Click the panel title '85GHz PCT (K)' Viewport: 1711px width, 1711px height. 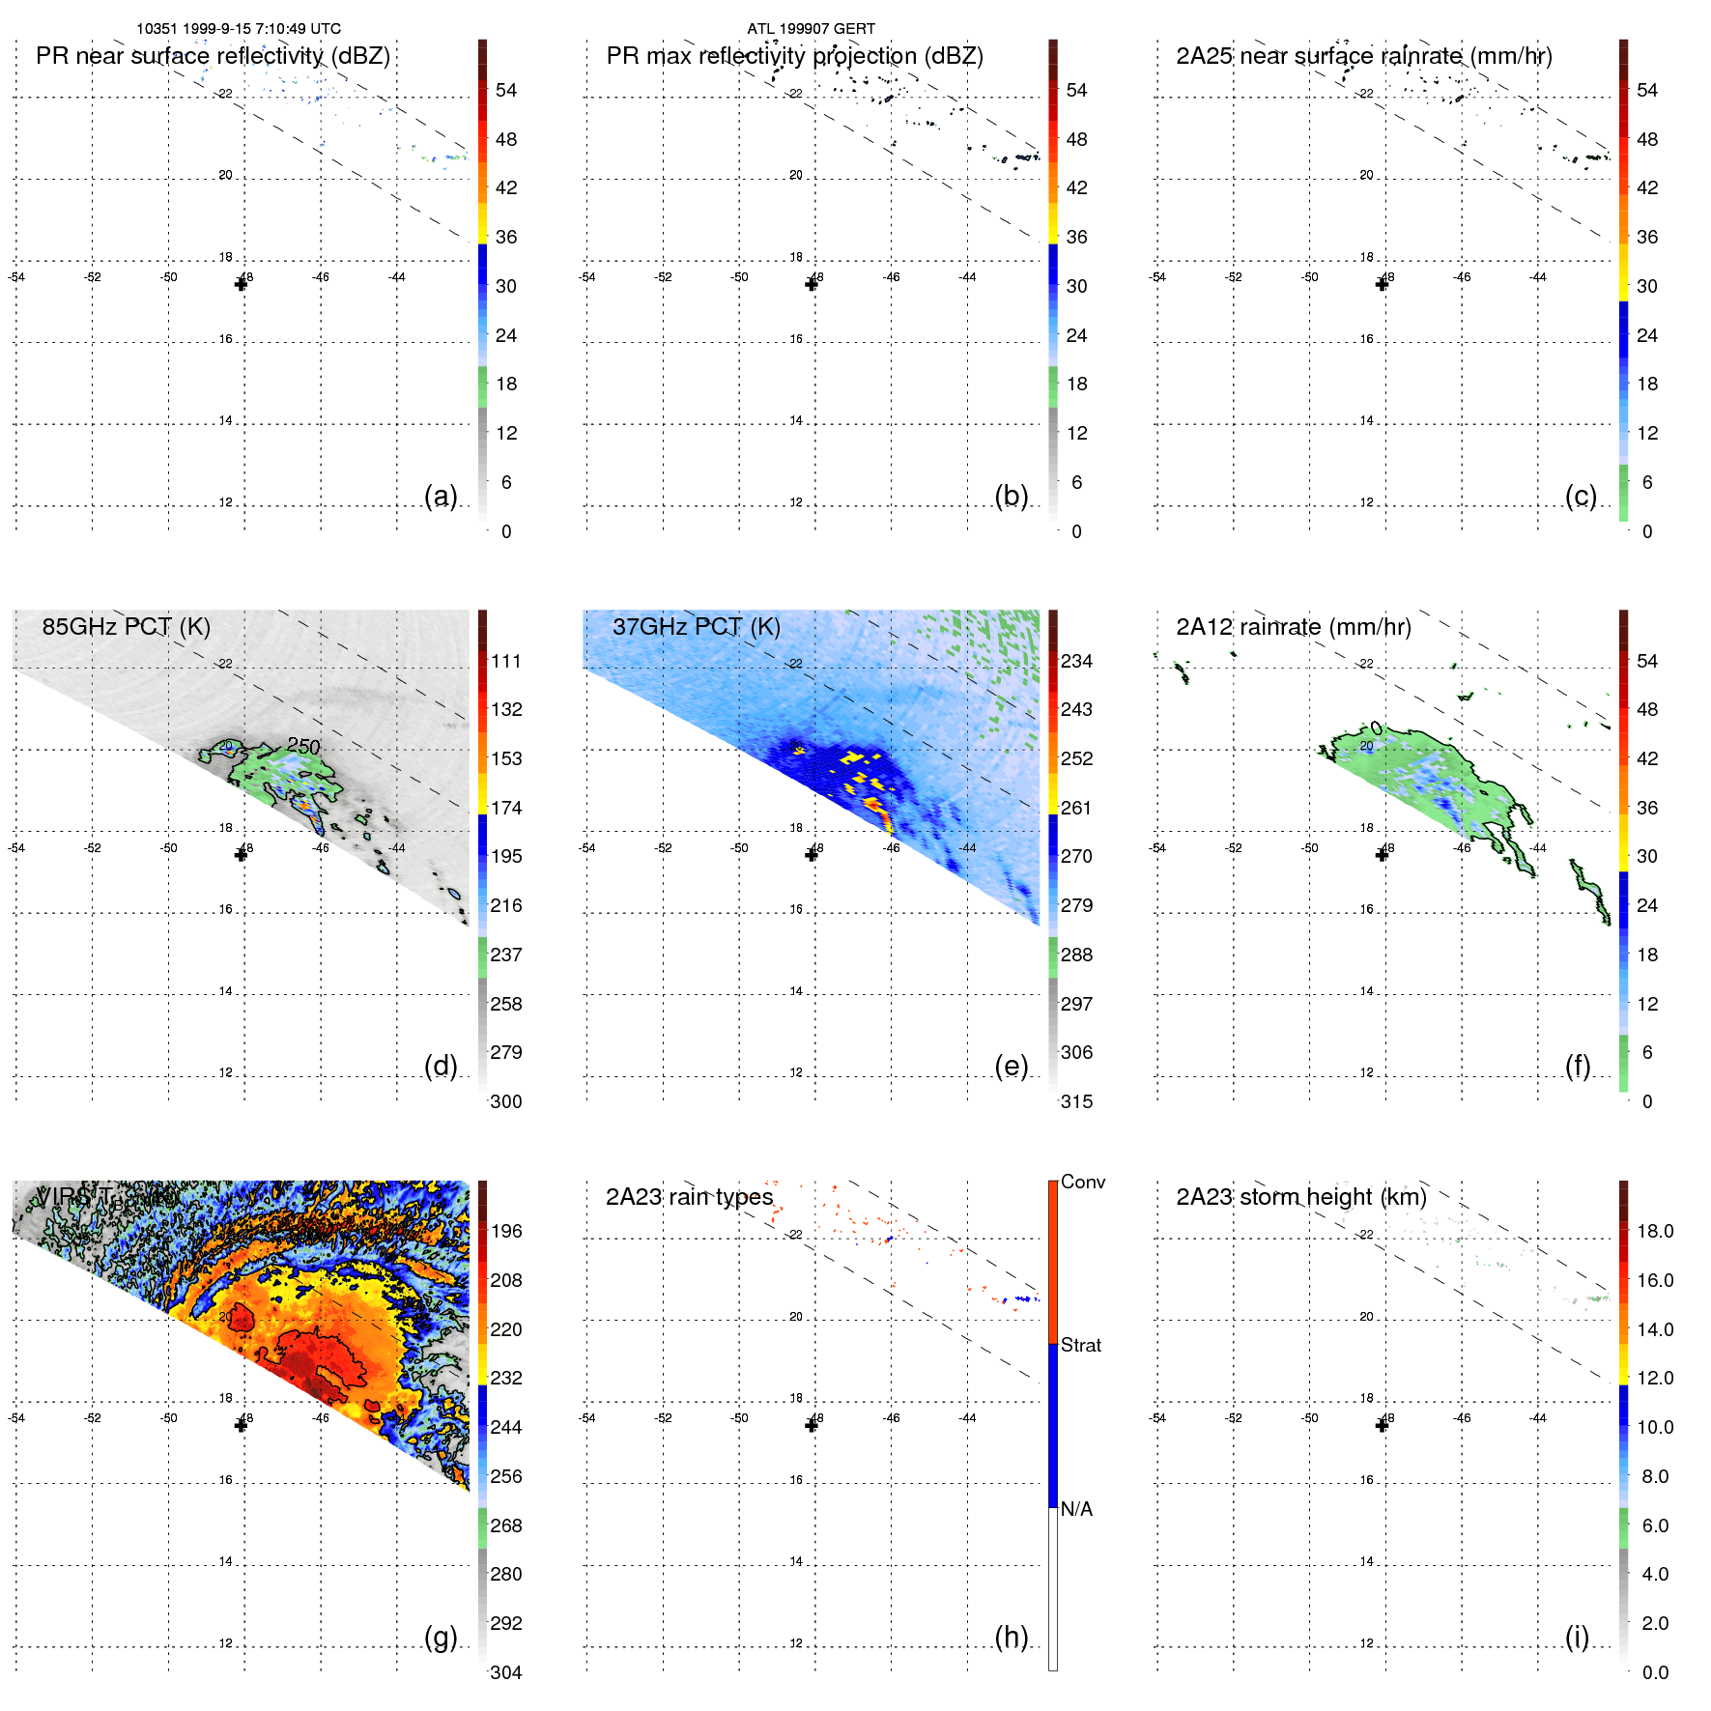pyautogui.click(x=126, y=627)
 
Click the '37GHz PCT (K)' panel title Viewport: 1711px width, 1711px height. pyautogui.click(x=696, y=627)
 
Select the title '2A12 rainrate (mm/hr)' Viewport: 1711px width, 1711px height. pyautogui.click(x=1293, y=627)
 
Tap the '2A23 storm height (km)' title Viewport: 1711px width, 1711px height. pyautogui.click(x=1300, y=1197)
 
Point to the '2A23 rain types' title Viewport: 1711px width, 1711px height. pyautogui.click(x=689, y=1197)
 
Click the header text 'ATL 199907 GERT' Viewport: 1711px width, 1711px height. pyautogui.click(x=811, y=29)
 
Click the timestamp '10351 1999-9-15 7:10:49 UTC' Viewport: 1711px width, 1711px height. pyautogui.click(x=239, y=29)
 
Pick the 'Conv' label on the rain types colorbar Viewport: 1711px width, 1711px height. pyautogui.click(x=1082, y=1182)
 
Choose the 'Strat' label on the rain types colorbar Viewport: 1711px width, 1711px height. pyautogui.click(x=1080, y=1345)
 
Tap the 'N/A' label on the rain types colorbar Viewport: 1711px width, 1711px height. pyautogui.click(x=1076, y=1509)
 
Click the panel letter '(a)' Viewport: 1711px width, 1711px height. pyautogui.click(x=441, y=496)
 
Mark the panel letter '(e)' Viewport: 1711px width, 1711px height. pyautogui.click(x=1011, y=1066)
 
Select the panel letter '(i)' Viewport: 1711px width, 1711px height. pyautogui.click(x=1577, y=1637)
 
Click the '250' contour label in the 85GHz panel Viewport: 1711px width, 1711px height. pyautogui.click(x=303, y=746)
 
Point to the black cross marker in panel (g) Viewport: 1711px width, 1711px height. pyautogui.click(x=241, y=1425)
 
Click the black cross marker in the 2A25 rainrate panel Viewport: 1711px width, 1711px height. pyautogui.click(x=1382, y=284)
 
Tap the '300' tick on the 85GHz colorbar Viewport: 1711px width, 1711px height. pyautogui.click(x=505, y=1101)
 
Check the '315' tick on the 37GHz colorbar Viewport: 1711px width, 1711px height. pyautogui.click(x=1076, y=1101)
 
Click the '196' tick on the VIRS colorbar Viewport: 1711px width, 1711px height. pyautogui.click(x=505, y=1231)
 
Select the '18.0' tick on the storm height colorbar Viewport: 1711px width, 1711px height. pyautogui.click(x=1654, y=1231)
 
